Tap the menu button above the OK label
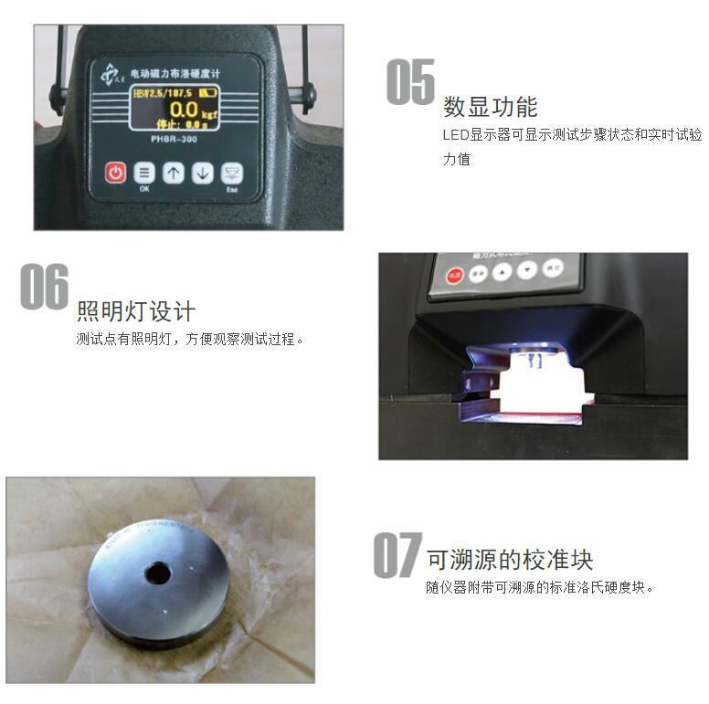coord(144,173)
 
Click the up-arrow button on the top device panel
coord(174,173)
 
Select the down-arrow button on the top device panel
coord(203,173)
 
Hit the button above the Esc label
coord(233,173)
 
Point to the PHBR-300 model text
coord(174,139)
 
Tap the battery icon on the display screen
coord(208,92)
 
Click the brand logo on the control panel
coord(109,71)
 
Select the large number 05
coord(410,82)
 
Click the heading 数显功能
coord(490,107)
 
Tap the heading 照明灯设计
coord(135,311)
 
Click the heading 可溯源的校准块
coord(510,559)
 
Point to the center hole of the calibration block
coord(158,573)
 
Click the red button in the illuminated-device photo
coord(455,275)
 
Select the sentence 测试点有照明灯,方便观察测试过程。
coord(190,340)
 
